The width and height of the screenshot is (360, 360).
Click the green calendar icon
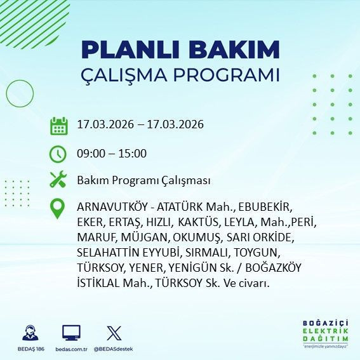(x=58, y=125)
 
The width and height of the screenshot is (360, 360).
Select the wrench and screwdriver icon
(x=58, y=180)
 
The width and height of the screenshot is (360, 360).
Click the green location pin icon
(x=58, y=209)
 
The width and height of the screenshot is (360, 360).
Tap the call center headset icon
(x=29, y=333)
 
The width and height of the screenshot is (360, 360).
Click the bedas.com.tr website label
(x=71, y=349)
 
